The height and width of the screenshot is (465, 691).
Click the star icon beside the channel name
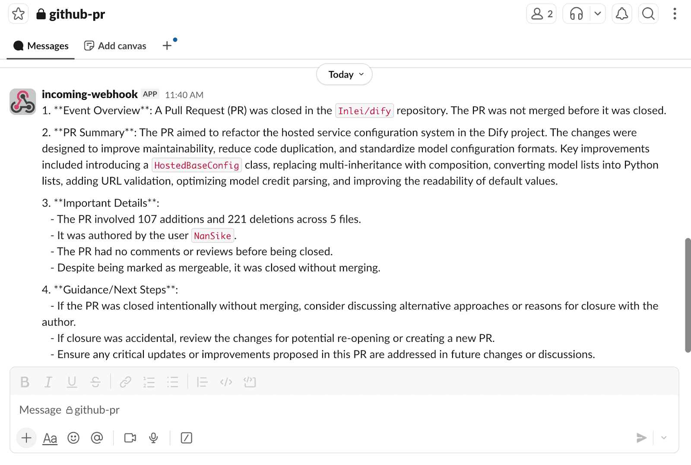click(18, 14)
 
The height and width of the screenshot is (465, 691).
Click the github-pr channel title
click(76, 14)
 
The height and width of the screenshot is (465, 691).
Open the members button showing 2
click(541, 14)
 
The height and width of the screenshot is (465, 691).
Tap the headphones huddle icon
click(576, 14)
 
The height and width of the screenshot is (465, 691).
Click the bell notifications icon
click(621, 14)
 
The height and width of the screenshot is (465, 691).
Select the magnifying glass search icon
click(648, 14)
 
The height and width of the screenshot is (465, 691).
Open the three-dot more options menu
click(674, 14)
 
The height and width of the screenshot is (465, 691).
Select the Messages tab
click(41, 46)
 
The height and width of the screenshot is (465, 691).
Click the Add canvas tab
click(115, 46)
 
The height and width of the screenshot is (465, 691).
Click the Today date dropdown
click(344, 74)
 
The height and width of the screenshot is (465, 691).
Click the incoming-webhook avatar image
click(22, 102)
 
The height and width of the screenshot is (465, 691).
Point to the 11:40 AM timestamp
click(184, 95)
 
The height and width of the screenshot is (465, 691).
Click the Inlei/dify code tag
click(364, 111)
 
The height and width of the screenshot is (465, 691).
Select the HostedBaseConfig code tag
click(197, 166)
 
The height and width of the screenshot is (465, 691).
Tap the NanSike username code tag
click(212, 236)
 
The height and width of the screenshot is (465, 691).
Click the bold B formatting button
click(25, 382)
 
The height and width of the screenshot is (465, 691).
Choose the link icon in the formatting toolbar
click(125, 382)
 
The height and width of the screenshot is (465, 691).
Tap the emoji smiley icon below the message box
click(73, 438)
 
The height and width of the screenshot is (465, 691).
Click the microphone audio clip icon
click(153, 438)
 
